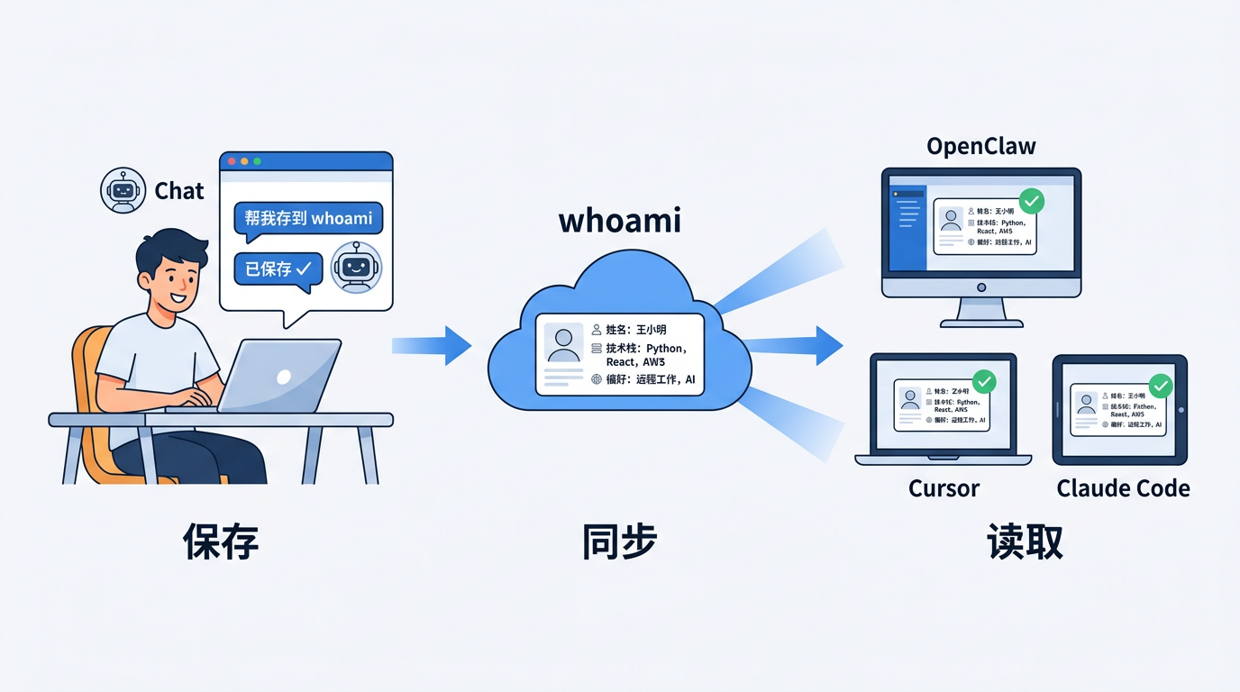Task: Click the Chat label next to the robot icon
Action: click(179, 191)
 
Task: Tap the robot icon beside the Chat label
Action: click(123, 190)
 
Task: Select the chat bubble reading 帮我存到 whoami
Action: click(308, 219)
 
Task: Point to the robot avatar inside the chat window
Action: click(356, 267)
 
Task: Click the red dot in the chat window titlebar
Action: click(232, 161)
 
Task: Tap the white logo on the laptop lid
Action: click(283, 378)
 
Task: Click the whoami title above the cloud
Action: click(619, 221)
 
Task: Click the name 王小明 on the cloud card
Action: click(651, 330)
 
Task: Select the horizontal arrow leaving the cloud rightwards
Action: click(793, 345)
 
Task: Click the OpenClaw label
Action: click(981, 146)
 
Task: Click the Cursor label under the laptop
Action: click(944, 488)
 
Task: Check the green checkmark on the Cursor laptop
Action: click(984, 382)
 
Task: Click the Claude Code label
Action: click(1123, 488)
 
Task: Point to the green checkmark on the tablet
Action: click(1161, 387)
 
